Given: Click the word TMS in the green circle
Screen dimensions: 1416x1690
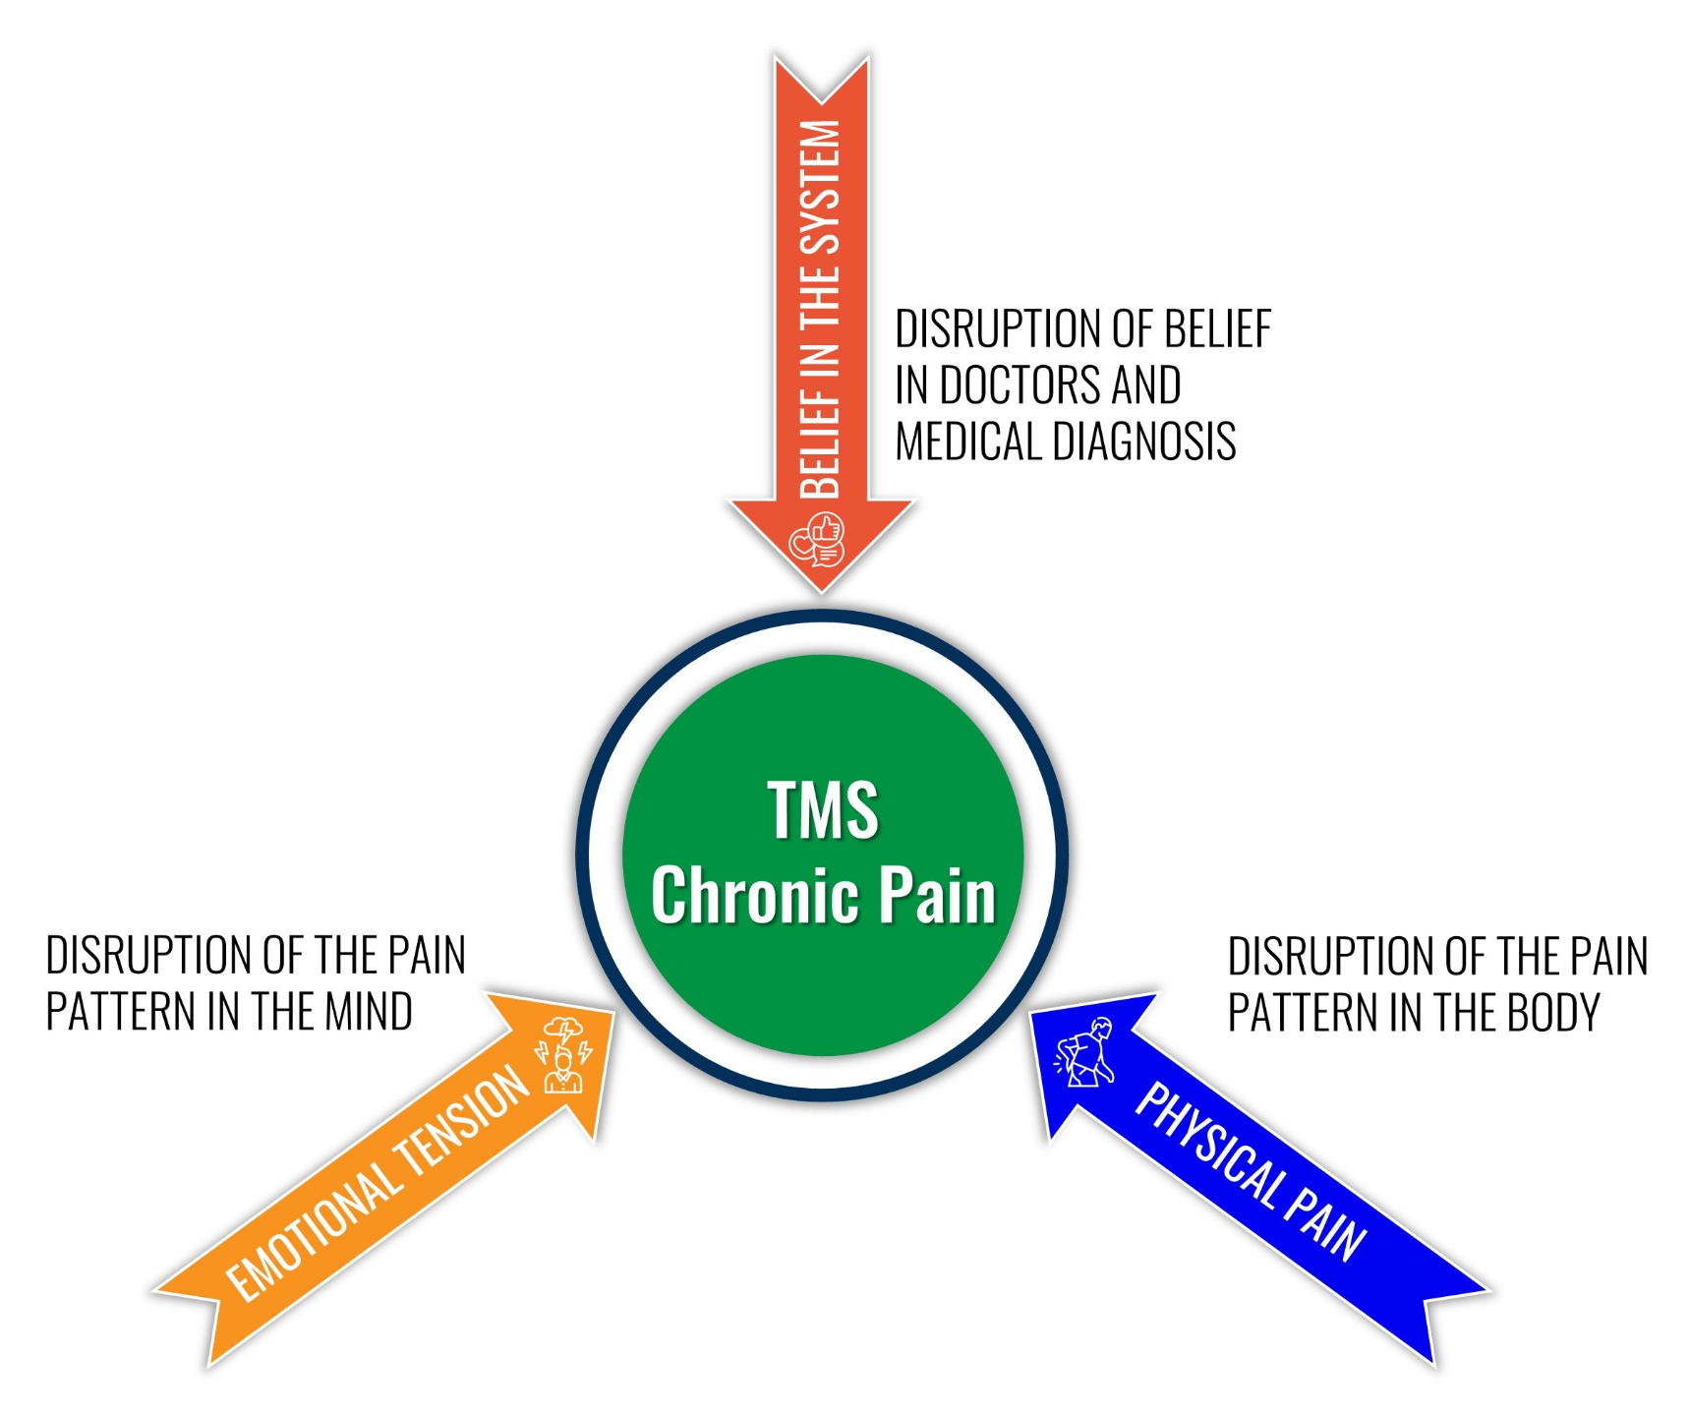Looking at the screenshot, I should pos(822,810).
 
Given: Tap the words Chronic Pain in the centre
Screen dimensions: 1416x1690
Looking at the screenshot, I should pos(823,896).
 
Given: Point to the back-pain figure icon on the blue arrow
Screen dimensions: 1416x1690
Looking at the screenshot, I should pos(1085,1053).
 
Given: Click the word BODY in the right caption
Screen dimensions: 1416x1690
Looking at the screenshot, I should pos(1553,1013).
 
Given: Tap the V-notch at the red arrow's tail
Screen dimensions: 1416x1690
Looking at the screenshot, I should pos(822,98).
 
